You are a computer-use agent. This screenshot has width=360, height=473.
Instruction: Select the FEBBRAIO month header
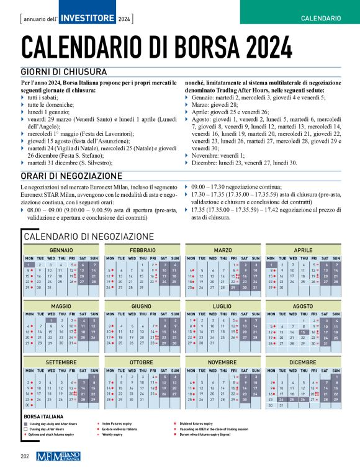(143, 250)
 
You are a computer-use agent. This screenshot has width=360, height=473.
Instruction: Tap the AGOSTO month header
(303, 307)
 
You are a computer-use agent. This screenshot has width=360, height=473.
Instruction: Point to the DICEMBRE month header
(303, 361)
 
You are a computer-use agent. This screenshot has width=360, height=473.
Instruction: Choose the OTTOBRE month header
(143, 361)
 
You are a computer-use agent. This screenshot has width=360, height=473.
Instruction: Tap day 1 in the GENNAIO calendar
(29, 264)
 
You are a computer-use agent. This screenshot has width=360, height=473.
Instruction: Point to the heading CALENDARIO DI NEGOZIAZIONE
(88, 236)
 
